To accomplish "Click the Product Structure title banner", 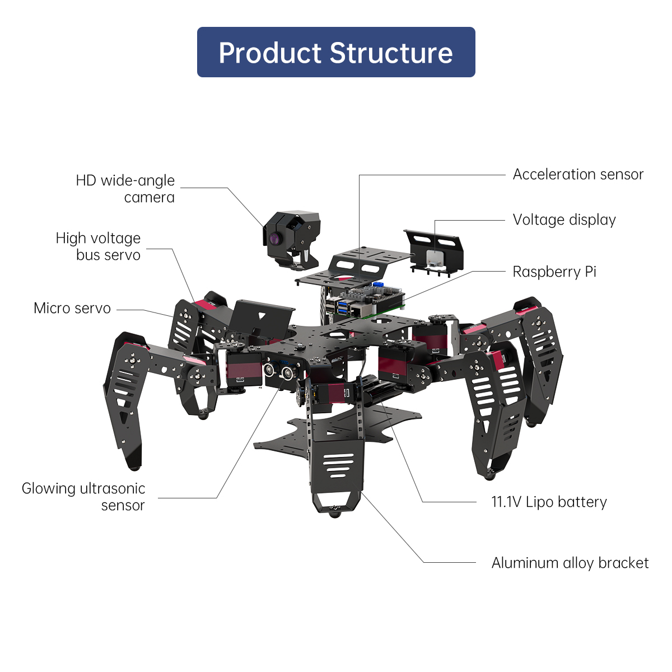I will [x=336, y=52].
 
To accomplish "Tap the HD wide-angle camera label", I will [x=125, y=189].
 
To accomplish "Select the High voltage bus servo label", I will [x=99, y=246].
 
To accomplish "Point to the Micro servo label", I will [x=72, y=309].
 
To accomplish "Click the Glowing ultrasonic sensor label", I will [x=83, y=497].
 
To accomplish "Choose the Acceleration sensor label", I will [x=578, y=175].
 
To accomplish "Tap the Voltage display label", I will [x=564, y=220].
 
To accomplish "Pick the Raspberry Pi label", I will [x=554, y=272].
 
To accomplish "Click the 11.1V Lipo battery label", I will [x=549, y=502].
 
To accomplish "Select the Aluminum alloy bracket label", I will [x=570, y=563].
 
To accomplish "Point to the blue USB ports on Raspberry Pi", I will [x=340, y=307].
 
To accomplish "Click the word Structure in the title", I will [x=391, y=53].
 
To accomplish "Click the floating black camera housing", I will [x=291, y=235].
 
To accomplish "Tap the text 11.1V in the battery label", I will [x=506, y=502].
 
